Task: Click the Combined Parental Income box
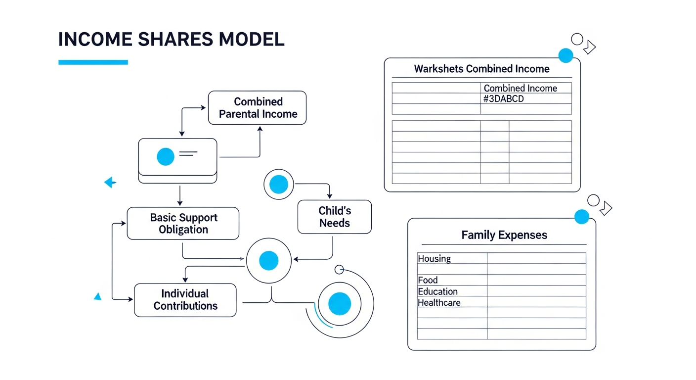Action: tap(257, 108)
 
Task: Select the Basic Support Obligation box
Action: tap(183, 224)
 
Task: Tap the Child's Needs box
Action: tap(334, 217)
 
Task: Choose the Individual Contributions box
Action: tap(185, 300)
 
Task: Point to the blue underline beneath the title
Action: tap(93, 62)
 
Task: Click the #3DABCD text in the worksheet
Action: tap(504, 98)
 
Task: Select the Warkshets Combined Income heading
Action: tap(481, 69)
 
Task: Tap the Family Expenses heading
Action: tap(504, 235)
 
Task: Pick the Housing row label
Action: tap(435, 258)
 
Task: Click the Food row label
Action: tap(428, 280)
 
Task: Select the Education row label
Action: tap(438, 291)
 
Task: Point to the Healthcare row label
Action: tap(439, 302)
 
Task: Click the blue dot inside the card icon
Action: tap(166, 157)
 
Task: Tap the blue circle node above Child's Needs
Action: tap(279, 184)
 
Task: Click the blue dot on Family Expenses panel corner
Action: tap(582, 217)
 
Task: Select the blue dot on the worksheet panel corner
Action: tap(565, 55)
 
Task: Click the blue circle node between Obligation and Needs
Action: tap(269, 260)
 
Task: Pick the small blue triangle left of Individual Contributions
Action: tap(98, 296)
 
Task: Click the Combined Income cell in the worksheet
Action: tap(520, 88)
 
